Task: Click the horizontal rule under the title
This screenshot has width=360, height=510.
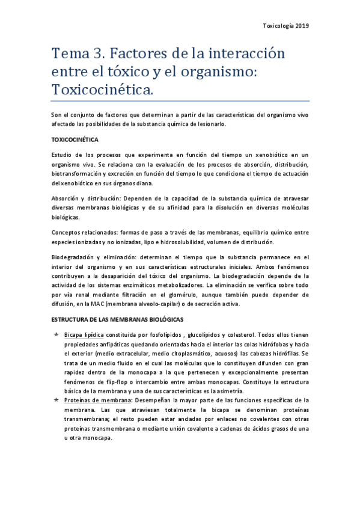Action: (180, 101)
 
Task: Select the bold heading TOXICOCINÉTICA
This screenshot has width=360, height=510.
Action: (74, 139)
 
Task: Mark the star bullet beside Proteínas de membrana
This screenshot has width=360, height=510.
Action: (56, 399)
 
